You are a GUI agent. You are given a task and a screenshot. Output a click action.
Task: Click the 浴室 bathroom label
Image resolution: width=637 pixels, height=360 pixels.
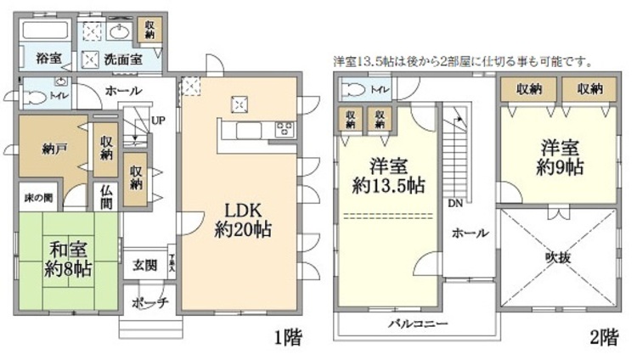(48, 59)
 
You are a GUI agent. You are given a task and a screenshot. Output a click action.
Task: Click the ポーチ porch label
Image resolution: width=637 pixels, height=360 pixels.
(153, 302)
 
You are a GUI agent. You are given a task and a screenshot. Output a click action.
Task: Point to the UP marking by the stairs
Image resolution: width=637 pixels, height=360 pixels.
(157, 121)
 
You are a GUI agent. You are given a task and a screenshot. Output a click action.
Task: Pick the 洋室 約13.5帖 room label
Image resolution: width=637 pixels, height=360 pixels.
(390, 175)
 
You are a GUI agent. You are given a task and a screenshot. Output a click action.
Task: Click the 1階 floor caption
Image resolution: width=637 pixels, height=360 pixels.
(286, 337)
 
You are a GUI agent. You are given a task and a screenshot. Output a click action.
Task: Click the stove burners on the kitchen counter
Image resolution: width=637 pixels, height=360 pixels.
(283, 130)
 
